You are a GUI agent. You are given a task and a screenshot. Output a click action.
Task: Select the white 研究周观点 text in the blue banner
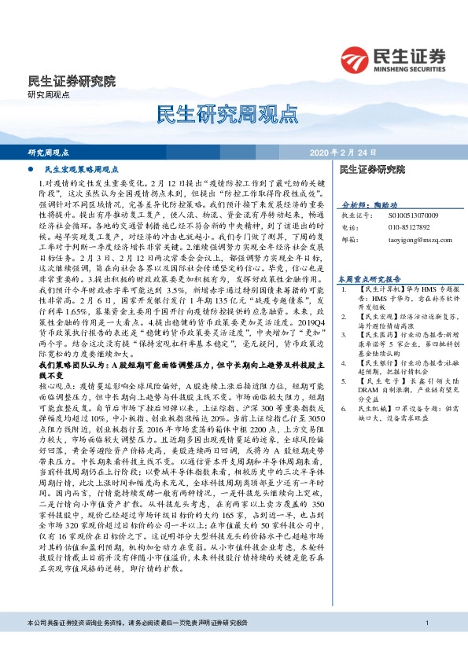coord(49,153)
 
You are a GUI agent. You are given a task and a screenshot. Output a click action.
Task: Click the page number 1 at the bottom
coord(426,645)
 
